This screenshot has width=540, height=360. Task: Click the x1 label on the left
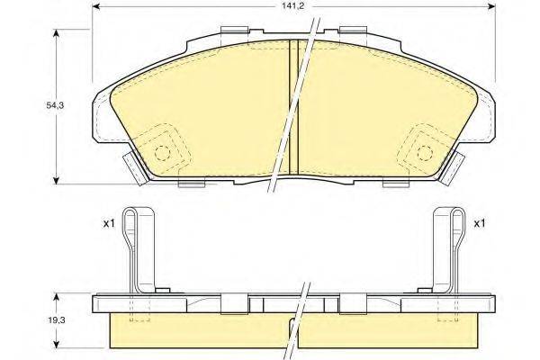click(107, 223)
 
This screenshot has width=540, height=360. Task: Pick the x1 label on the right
click(479, 223)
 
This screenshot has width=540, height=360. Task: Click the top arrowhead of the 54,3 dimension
click(58, 32)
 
